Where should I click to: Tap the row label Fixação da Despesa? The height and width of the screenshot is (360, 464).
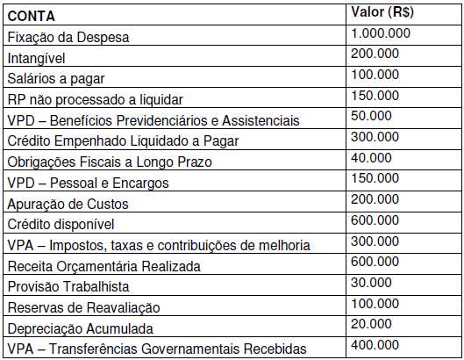tap(68, 38)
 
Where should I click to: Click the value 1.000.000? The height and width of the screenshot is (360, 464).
tap(380, 33)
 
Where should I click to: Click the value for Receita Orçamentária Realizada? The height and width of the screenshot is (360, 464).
tap(374, 260)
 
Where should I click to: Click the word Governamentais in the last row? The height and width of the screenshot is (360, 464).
tap(191, 349)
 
